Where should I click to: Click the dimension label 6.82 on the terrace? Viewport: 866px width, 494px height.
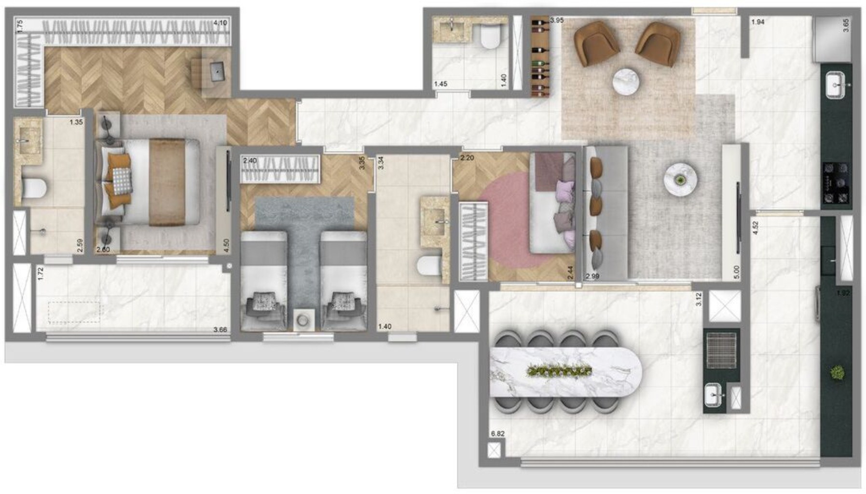(x=497, y=433)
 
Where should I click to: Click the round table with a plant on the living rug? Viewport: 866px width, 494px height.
(x=680, y=179)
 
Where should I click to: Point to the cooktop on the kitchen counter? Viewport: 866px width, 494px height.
(x=836, y=183)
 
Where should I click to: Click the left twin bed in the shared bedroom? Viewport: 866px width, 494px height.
(x=263, y=280)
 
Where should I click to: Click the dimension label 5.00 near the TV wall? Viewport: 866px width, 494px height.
(x=736, y=272)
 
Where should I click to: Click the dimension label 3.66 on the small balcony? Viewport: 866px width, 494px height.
(x=220, y=330)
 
